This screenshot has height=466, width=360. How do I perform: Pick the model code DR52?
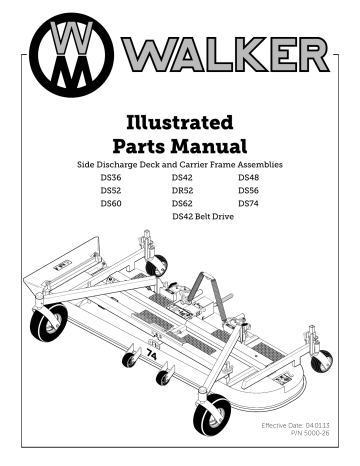coord(184,190)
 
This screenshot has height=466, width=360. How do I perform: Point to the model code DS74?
coord(250,203)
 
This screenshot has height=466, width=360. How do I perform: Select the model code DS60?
coord(112,203)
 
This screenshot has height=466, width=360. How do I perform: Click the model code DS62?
coord(184,203)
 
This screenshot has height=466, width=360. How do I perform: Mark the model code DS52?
coord(112,190)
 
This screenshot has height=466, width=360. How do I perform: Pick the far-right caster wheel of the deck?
coord(321,361)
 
